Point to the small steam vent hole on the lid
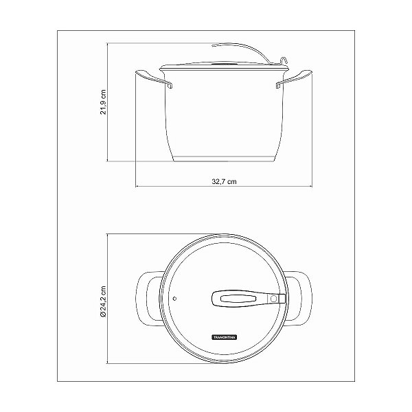(x=175, y=299)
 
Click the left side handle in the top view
(x=146, y=297)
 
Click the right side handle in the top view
(x=299, y=297)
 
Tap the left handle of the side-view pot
(x=151, y=77)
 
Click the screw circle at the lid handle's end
(x=273, y=298)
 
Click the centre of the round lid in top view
(x=222, y=297)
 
